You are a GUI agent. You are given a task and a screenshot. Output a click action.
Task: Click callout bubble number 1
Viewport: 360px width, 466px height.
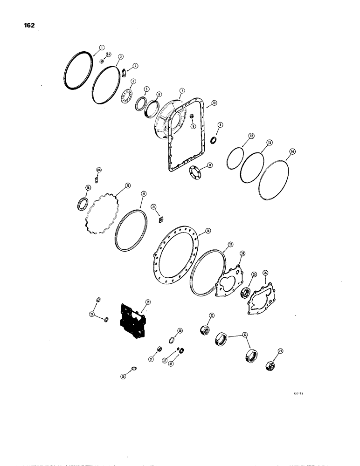[101, 47]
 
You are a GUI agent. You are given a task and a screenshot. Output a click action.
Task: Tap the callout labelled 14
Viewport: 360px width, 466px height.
[292, 151]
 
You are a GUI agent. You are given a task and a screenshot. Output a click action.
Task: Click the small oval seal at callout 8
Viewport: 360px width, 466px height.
[214, 140]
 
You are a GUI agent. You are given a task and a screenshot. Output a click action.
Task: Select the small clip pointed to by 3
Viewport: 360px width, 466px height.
[125, 72]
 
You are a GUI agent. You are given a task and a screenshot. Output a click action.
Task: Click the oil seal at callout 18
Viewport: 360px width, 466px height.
[82, 204]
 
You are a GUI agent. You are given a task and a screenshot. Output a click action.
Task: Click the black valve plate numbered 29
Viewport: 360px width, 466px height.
[132, 321]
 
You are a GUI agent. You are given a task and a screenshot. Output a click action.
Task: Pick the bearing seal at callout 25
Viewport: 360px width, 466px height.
[244, 294]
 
